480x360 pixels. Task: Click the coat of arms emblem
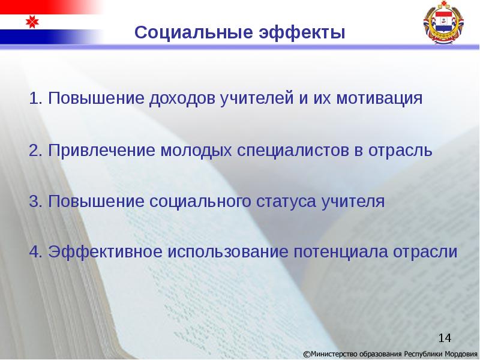pyautogui.click(x=445, y=24)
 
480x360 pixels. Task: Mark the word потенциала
pyautogui.click(x=340, y=252)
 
